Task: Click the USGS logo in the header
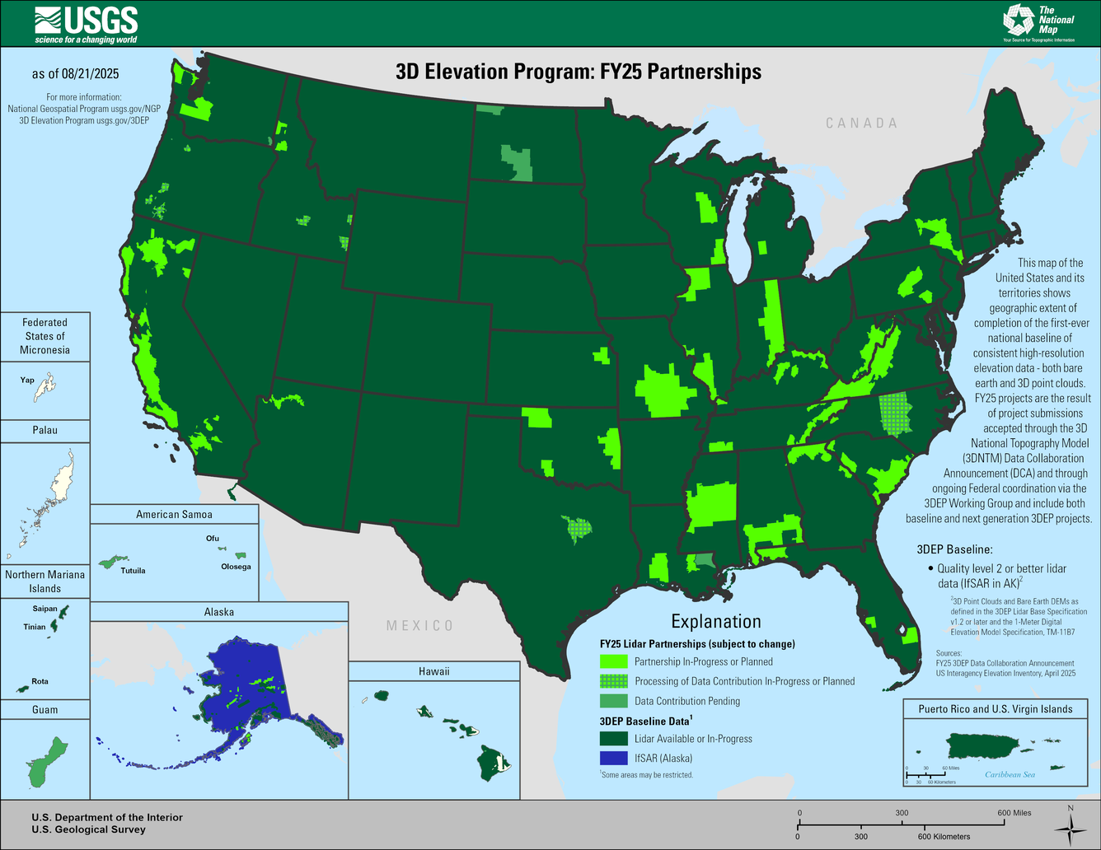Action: (86, 25)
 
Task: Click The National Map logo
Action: (1038, 22)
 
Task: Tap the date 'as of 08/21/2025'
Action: (75, 74)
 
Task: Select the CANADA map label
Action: (861, 123)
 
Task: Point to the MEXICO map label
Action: (419, 626)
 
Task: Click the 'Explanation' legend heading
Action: (715, 622)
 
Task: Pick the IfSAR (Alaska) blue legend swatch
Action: (613, 759)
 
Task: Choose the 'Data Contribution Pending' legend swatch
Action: (613, 701)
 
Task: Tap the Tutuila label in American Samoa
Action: (133, 570)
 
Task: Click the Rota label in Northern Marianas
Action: (40, 681)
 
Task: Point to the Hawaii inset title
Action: (433, 671)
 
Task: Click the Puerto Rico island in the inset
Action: (981, 745)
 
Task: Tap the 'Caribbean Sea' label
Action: (1010, 774)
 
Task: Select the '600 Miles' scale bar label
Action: (1014, 813)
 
